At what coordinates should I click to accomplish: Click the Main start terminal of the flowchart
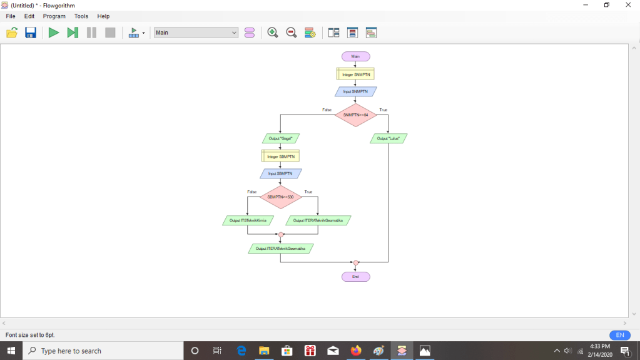pyautogui.click(x=355, y=56)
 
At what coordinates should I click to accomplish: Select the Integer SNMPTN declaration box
pyautogui.click(x=355, y=75)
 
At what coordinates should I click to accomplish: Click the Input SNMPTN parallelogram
pyautogui.click(x=355, y=91)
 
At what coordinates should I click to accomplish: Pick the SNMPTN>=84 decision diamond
pyautogui.click(x=355, y=115)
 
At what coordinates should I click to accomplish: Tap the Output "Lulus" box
pyautogui.click(x=389, y=138)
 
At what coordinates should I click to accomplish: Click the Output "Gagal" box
pyautogui.click(x=280, y=138)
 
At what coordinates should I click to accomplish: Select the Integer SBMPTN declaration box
pyautogui.click(x=280, y=156)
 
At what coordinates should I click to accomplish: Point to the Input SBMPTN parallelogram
pyautogui.click(x=280, y=173)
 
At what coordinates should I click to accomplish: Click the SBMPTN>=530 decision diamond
pyautogui.click(x=280, y=197)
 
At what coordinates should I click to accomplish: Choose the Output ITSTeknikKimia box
pyautogui.click(x=248, y=220)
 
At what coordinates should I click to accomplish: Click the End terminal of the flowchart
pyautogui.click(x=355, y=277)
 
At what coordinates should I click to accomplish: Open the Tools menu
pyautogui.click(x=81, y=16)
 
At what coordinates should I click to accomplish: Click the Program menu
pyautogui.click(x=54, y=16)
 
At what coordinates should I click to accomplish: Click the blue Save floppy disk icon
pyautogui.click(x=31, y=33)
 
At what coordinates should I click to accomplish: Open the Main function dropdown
pyautogui.click(x=196, y=33)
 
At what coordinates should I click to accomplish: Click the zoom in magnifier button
pyautogui.click(x=273, y=33)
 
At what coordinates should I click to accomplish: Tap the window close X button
pyautogui.click(x=628, y=5)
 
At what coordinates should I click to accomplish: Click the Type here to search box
pyautogui.click(x=104, y=351)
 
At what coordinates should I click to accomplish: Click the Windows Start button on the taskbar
pyautogui.click(x=11, y=351)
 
